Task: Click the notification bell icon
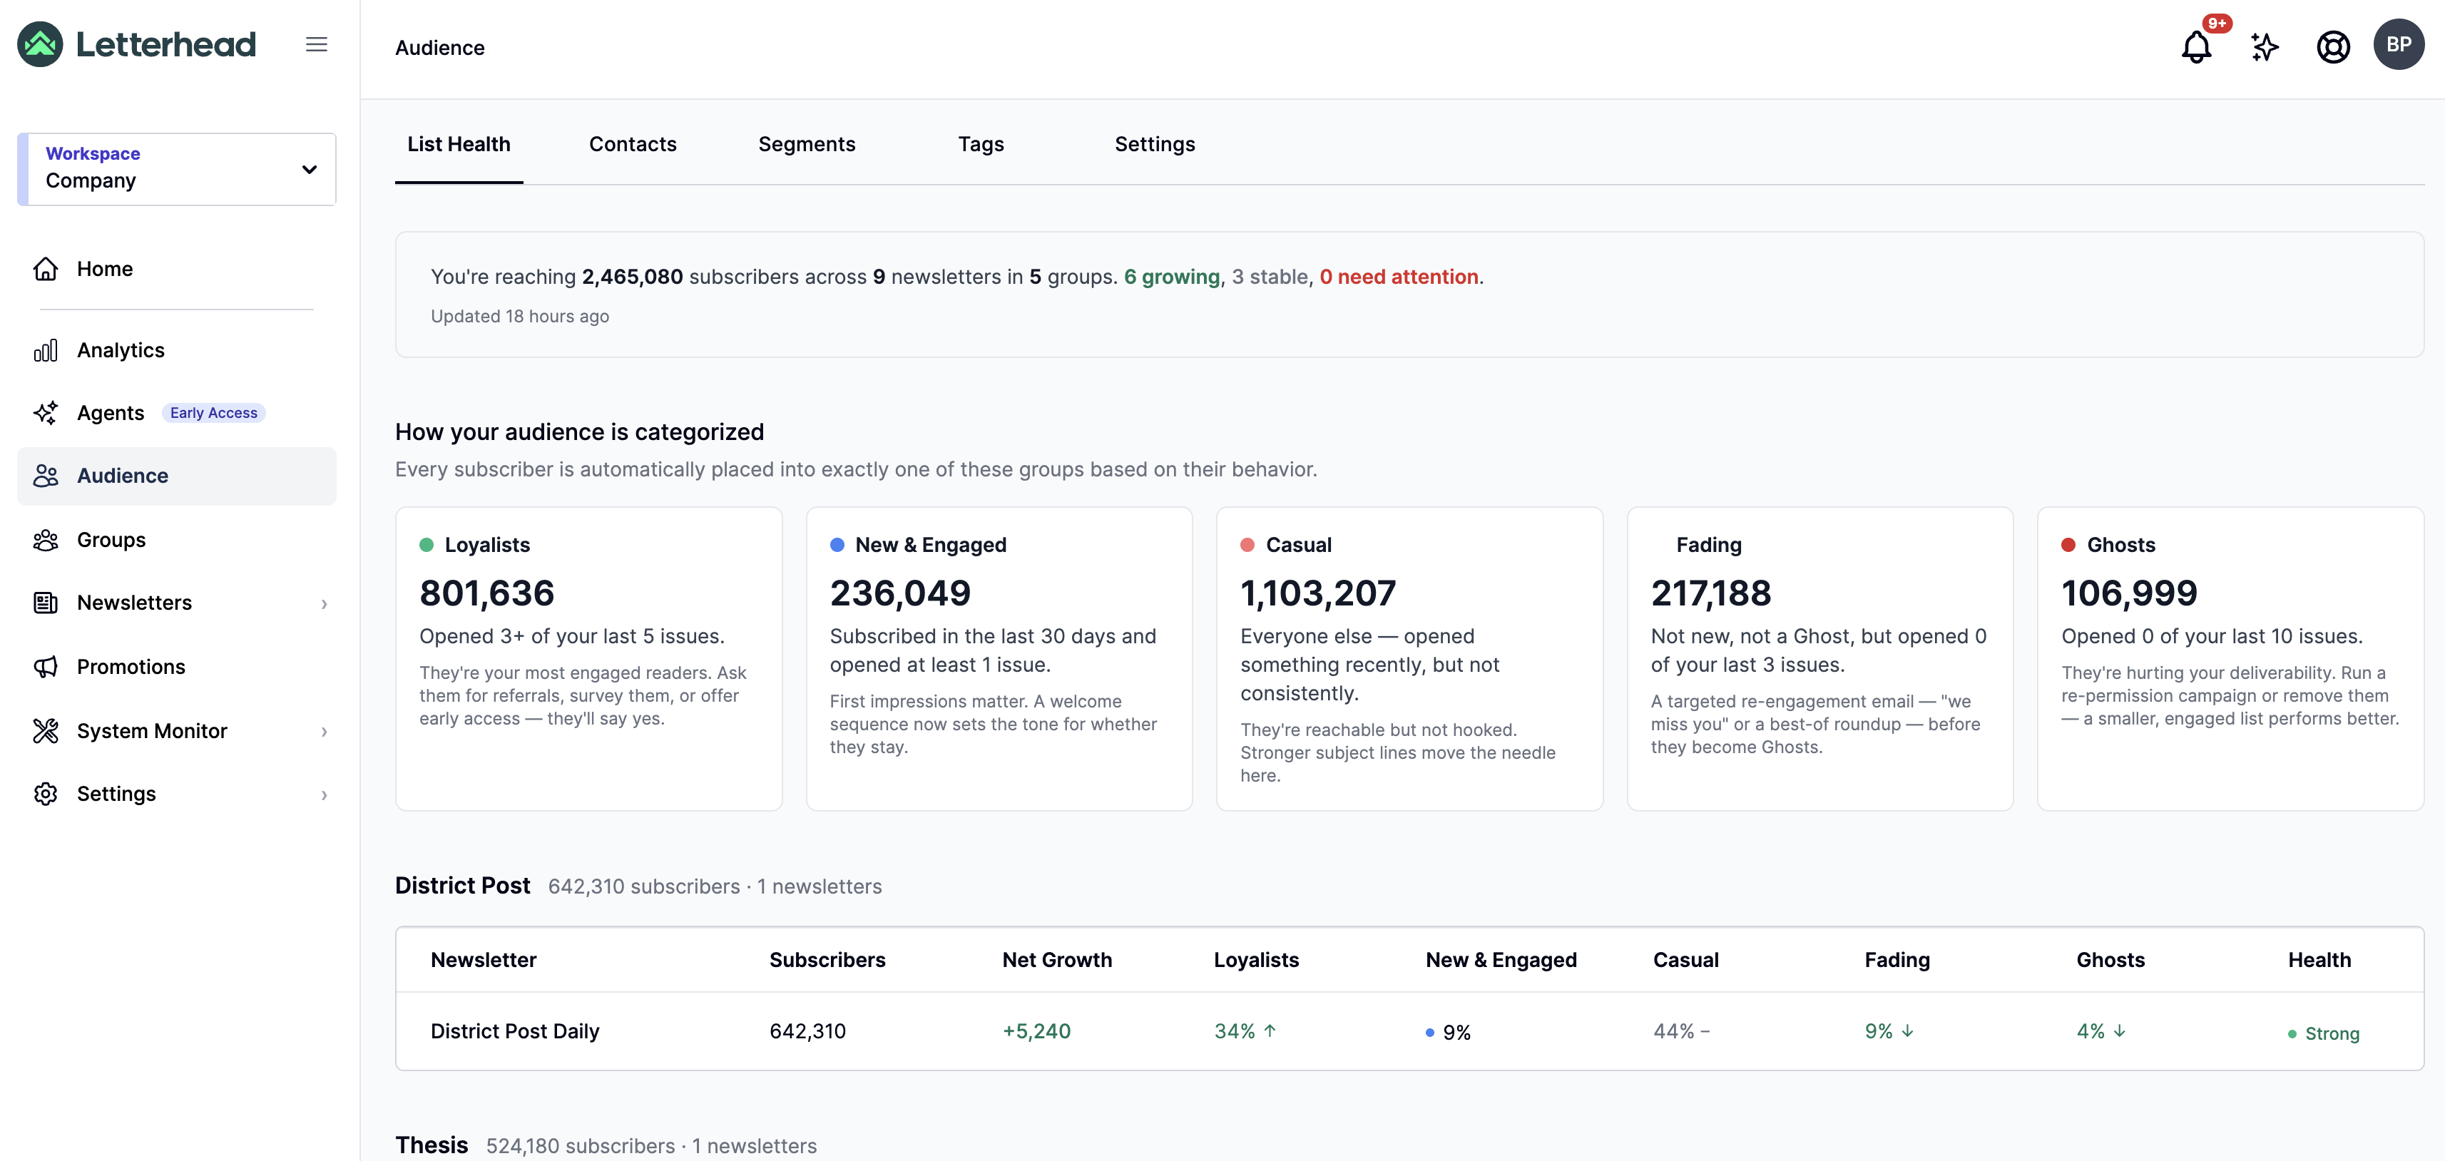2195,46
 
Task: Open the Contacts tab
632,144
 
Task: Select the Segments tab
807,144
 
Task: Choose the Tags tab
981,144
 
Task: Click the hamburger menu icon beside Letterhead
316,45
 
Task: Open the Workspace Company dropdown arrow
308,170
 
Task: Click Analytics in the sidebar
121,350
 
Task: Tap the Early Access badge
213,413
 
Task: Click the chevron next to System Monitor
325,731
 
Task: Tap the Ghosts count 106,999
2129,593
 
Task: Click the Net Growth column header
1056,960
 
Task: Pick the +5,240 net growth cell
1036,1031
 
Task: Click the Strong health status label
2331,1033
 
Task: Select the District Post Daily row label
514,1031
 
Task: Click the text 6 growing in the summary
1171,277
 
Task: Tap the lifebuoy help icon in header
2333,46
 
